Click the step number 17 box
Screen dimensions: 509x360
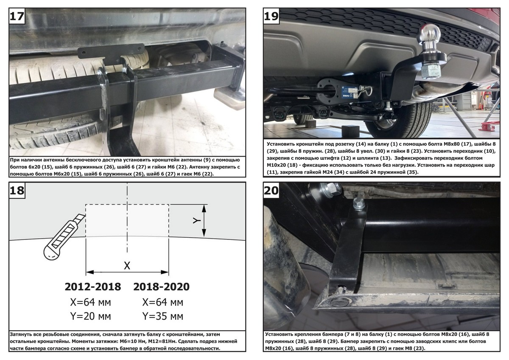tap(17, 16)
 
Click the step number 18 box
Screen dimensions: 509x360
tap(17, 190)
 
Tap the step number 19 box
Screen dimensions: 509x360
tap(271, 16)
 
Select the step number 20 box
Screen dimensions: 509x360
tap(271, 190)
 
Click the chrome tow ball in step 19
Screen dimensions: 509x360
tap(428, 34)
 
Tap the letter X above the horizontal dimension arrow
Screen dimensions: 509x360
tap(127, 265)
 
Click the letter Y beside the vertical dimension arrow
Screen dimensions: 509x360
tap(197, 220)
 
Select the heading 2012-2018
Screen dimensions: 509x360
tap(93, 287)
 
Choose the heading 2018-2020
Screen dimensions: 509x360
tap(161, 287)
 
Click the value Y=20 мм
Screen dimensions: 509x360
tap(90, 316)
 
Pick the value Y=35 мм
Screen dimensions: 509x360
tap(163, 316)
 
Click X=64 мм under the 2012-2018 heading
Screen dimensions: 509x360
tap(90, 302)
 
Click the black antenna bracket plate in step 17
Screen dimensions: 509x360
tap(111, 53)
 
